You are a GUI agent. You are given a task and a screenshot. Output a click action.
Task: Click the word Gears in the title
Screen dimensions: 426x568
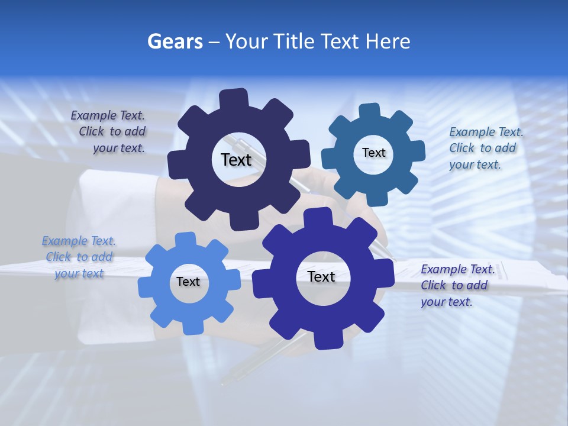click(x=175, y=41)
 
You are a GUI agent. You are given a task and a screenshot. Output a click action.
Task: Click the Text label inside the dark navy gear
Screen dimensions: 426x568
click(x=236, y=160)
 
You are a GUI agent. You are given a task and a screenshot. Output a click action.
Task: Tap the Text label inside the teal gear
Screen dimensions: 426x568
click(x=373, y=153)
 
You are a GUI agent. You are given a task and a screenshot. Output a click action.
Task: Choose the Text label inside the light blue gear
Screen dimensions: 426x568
click(x=188, y=282)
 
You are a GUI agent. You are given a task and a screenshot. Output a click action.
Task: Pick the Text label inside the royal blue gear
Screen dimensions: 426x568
click(x=321, y=277)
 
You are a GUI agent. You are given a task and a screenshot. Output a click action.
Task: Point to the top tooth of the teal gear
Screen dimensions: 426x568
click(x=370, y=111)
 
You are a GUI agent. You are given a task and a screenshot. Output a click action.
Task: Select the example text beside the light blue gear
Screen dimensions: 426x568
click(x=79, y=257)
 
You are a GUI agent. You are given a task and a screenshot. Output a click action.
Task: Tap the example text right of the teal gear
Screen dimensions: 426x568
click(x=485, y=149)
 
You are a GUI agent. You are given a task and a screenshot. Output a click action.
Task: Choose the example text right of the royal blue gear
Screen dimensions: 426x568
click(x=457, y=286)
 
